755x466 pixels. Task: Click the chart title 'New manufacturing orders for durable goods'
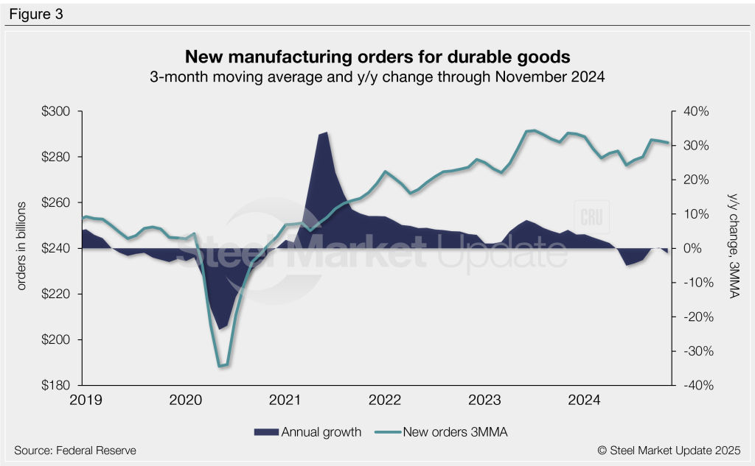tap(377, 57)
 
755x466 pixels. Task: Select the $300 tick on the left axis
tap(57, 112)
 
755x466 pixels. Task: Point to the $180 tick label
tap(57, 385)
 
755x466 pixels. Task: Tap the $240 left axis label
tap(57, 249)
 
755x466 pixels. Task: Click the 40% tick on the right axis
tap(695, 112)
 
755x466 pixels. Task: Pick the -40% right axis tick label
tap(694, 385)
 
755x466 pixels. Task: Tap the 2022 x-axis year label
tap(384, 400)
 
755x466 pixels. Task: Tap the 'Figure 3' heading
tap(35, 13)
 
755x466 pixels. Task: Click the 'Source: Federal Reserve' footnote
tap(74, 450)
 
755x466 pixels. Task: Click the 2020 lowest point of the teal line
tap(221, 365)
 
